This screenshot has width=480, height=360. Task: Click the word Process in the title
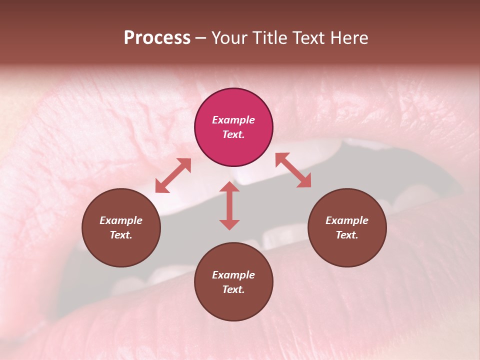click(157, 38)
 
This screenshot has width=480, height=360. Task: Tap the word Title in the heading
click(270, 38)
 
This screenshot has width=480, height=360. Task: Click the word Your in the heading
click(230, 38)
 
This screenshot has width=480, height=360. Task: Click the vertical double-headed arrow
click(229, 205)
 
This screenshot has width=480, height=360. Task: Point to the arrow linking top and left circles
click(173, 175)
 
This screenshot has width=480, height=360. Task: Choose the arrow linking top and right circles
click(293, 170)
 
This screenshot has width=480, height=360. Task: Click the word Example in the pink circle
click(233, 120)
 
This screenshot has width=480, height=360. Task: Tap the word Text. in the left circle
click(121, 235)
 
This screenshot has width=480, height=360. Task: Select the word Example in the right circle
click(347, 220)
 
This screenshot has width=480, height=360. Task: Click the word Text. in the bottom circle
click(233, 289)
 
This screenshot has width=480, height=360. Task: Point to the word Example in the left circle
click(121, 220)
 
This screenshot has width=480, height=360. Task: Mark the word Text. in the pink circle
click(233, 134)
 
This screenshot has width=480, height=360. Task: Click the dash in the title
click(201, 38)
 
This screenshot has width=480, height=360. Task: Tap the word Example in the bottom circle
click(233, 275)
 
